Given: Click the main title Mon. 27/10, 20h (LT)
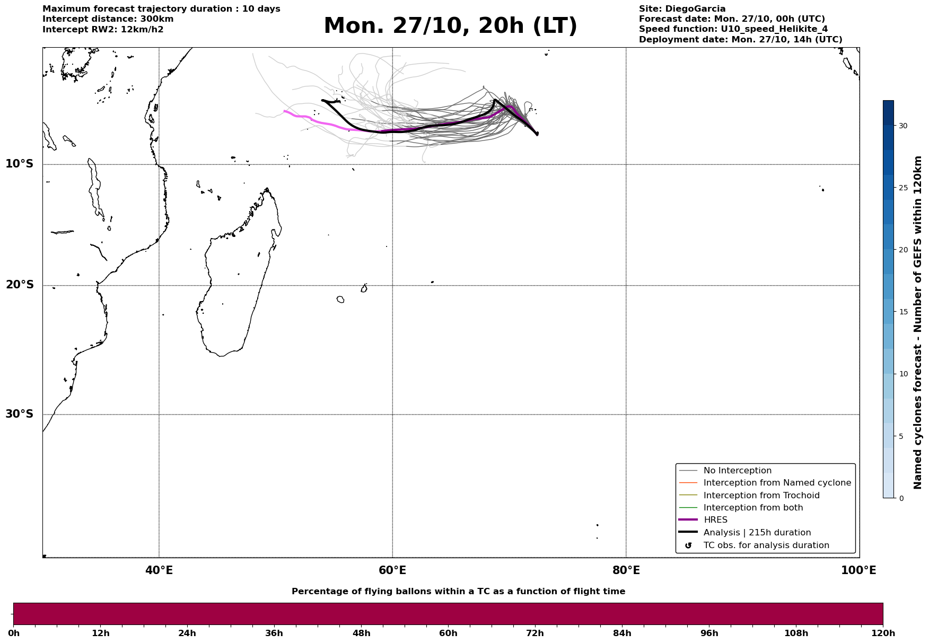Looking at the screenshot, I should coord(450,26).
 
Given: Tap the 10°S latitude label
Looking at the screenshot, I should coord(20,164).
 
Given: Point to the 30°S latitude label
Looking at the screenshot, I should coord(20,414).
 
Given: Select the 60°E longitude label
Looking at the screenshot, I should coord(392,570).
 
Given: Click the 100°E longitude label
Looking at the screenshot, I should coord(858,570).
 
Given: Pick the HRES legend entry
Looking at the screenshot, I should coord(715,520).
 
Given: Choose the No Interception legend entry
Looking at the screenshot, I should coord(737,471).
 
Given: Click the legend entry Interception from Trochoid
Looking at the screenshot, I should coord(761,496).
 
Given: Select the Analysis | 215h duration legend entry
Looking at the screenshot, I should coord(757,533).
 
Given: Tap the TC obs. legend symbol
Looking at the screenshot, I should coord(688,545).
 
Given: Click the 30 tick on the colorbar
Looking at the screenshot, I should coord(902,126).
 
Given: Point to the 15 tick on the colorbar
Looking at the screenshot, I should coord(902,312).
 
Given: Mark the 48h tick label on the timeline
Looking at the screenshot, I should coord(361,633).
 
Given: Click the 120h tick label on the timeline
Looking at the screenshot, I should coord(883,633).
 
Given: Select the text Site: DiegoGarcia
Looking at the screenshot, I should coord(682,9).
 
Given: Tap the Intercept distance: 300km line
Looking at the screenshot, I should coord(108,19).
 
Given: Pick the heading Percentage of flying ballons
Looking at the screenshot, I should coord(458,592).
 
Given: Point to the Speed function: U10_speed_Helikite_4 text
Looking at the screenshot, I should coord(733,29).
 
